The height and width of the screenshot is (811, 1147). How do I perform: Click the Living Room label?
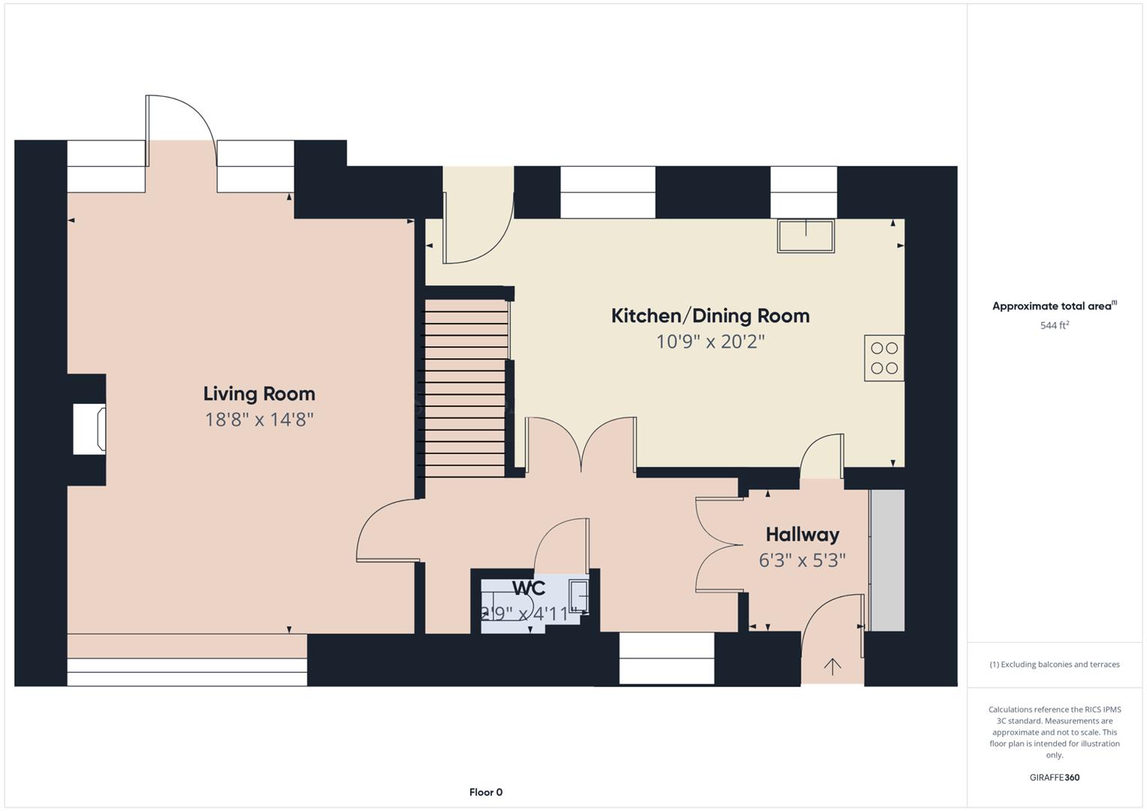[x=259, y=394]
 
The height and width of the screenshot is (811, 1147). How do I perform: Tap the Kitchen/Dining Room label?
[x=710, y=316]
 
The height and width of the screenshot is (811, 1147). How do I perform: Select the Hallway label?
[x=802, y=535]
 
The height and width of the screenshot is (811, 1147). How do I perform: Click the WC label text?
[x=529, y=588]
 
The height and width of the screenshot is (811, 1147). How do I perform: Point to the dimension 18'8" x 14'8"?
[x=259, y=420]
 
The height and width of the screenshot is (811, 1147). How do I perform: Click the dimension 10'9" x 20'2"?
[x=710, y=342]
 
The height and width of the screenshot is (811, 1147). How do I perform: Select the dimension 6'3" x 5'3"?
[x=802, y=560]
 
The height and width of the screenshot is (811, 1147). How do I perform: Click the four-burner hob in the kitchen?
[x=883, y=358]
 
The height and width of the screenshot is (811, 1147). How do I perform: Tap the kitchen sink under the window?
[x=805, y=236]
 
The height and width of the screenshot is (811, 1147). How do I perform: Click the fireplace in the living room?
[x=89, y=429]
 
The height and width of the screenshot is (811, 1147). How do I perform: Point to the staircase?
[x=465, y=388]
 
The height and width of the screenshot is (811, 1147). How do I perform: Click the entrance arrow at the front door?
[x=832, y=666]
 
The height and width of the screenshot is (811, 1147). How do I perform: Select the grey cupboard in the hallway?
[x=887, y=560]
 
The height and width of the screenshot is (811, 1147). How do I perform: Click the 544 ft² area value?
[x=1054, y=326]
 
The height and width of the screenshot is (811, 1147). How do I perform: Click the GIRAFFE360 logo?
[x=1054, y=777]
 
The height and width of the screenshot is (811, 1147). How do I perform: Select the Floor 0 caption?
[x=485, y=792]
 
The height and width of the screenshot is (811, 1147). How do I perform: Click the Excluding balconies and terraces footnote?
[x=1054, y=665]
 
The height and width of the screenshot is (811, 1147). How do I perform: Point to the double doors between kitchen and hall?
[x=581, y=447]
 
